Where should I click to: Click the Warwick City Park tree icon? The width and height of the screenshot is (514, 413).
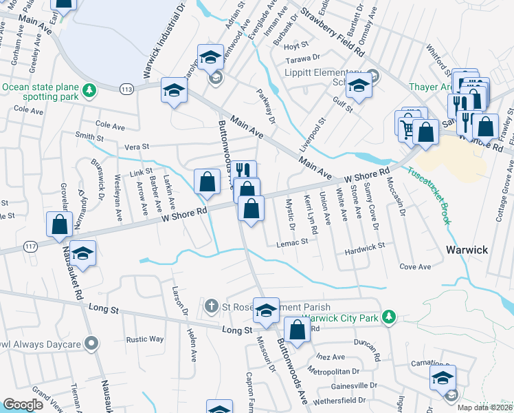click(390, 317)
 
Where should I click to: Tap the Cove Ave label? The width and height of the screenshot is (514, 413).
click(415, 266)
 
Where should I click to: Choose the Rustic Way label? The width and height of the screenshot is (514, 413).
click(144, 339)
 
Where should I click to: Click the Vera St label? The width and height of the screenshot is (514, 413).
click(136, 147)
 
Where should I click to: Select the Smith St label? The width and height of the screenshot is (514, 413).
click(89, 136)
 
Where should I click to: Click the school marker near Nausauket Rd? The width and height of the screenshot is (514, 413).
click(82, 254)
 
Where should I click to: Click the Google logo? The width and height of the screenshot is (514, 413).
click(23, 405)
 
